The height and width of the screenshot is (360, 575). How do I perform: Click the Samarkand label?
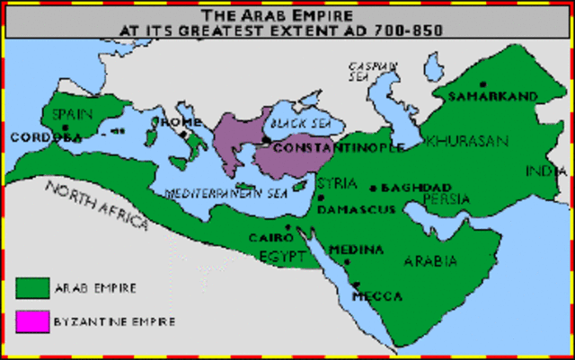(x=493, y=95)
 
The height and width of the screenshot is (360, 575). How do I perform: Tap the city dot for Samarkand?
(x=483, y=83)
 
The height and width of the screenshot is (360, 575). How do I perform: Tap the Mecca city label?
(x=377, y=295)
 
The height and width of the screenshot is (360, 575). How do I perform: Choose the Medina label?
(x=357, y=249)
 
